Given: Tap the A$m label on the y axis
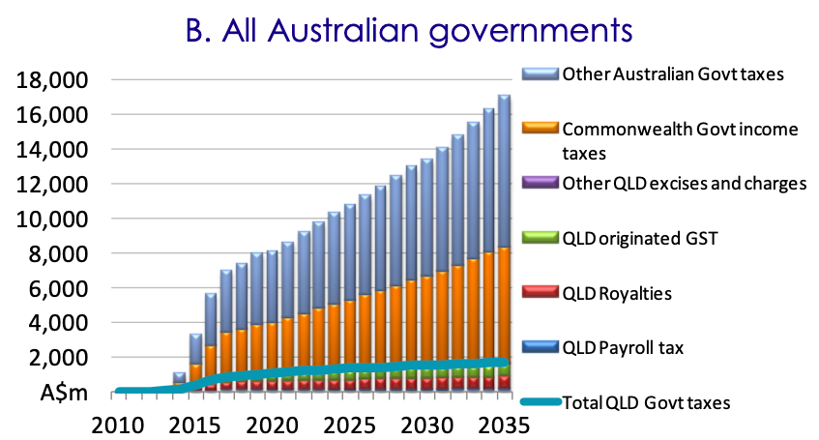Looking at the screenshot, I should click(x=67, y=393).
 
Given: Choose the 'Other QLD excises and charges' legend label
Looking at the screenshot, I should click(x=684, y=184).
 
